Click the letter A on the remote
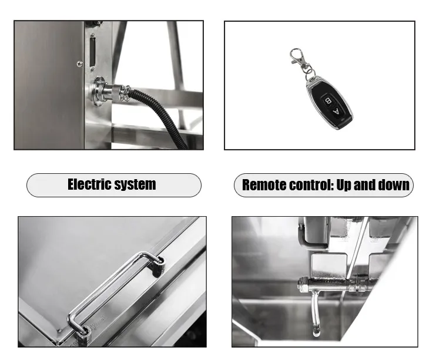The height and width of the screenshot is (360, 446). pos(336,112)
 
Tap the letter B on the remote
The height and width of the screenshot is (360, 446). pos(328,101)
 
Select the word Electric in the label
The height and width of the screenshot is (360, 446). pos(89,184)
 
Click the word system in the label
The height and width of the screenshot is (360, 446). pos(134,185)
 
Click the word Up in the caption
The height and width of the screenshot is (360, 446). pos(344,186)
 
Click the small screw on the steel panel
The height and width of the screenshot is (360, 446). pos(80,64)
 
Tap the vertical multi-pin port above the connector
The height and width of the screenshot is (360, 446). pos(93,52)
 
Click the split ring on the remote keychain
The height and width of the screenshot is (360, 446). pos(310,74)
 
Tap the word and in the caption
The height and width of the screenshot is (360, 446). pos(365,185)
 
